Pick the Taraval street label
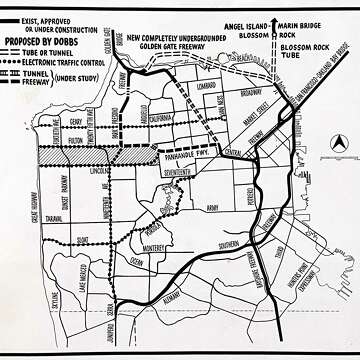54,216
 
